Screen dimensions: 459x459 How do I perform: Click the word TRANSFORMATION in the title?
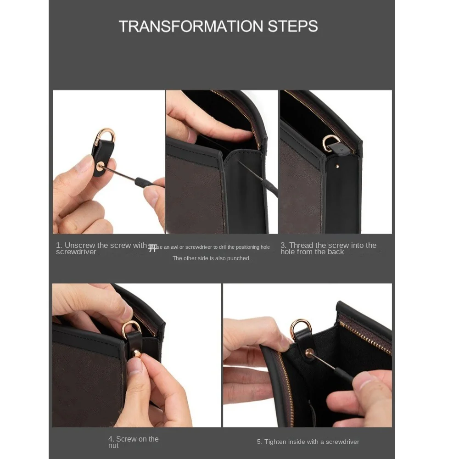tap(186, 26)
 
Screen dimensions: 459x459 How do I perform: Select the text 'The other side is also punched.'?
tap(211, 258)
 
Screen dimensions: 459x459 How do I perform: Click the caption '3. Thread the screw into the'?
tap(328, 246)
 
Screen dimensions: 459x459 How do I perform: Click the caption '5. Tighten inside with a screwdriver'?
tap(308, 442)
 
